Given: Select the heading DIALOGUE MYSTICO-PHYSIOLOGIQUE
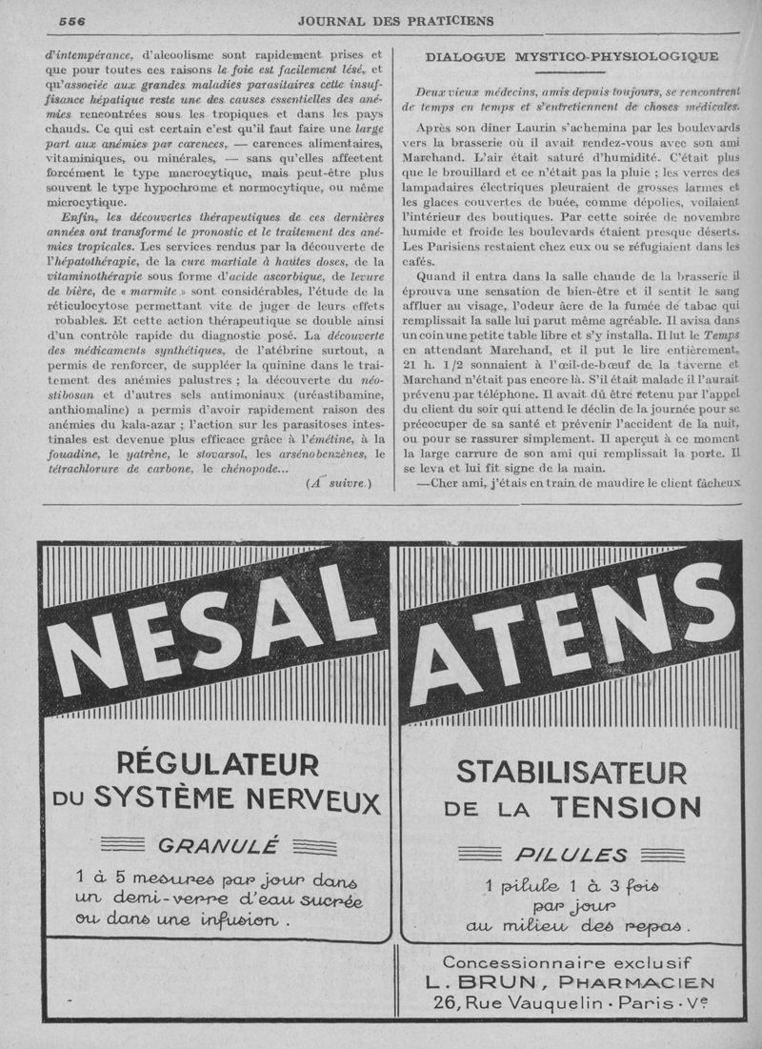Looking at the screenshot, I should coord(572,57).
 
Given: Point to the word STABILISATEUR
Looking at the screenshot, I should coord(571,770).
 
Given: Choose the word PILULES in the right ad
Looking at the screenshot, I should coord(571,855).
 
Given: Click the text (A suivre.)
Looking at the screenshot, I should coord(339,483).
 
